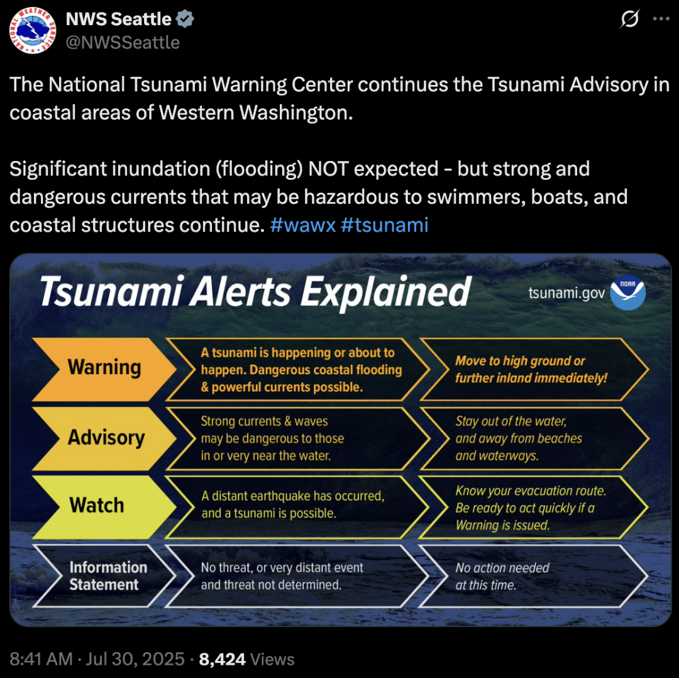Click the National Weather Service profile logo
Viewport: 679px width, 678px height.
click(33, 30)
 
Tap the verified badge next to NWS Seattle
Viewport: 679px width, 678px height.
click(185, 19)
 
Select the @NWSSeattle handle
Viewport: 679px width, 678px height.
click(123, 43)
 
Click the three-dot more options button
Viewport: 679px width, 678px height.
click(661, 19)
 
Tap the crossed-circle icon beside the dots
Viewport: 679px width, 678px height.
click(629, 19)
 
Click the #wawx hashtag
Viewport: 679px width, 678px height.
click(302, 225)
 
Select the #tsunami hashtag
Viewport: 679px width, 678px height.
click(385, 225)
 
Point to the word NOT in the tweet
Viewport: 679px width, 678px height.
click(328, 169)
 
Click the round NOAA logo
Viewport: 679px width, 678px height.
click(627, 292)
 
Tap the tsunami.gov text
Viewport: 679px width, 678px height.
click(566, 293)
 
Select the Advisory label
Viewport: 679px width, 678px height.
click(106, 438)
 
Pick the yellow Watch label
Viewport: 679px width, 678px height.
click(97, 506)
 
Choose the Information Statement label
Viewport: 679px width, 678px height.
click(108, 575)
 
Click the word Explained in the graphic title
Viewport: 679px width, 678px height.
click(385, 292)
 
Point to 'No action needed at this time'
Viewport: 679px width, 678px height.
click(502, 576)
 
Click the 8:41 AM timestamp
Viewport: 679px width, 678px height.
click(41, 659)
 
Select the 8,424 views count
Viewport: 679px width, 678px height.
click(222, 659)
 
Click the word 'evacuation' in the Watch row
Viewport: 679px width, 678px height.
click(527, 491)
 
